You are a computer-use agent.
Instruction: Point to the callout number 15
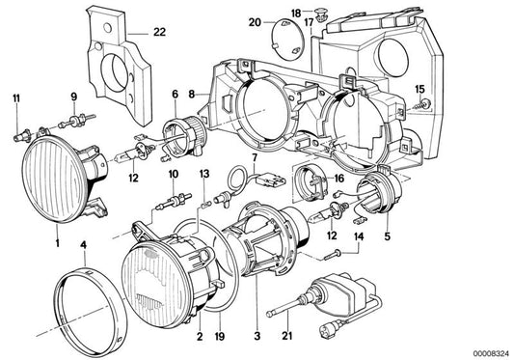[419, 89]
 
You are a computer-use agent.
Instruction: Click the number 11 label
[14, 97]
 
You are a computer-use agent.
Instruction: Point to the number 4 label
[84, 244]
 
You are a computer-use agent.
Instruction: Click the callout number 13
[204, 172]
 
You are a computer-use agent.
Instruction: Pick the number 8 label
[191, 94]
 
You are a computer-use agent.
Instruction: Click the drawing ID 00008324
[487, 351]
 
